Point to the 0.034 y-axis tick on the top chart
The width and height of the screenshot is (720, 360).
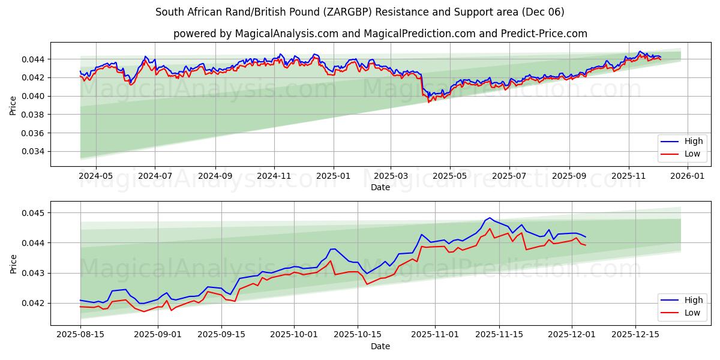(32, 151)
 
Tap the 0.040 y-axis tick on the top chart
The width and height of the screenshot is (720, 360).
(32, 96)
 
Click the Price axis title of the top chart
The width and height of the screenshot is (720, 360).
(13, 104)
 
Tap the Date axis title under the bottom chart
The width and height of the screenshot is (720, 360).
(380, 346)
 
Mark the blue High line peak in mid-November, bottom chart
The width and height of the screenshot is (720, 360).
(490, 218)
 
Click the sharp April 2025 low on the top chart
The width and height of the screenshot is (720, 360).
(428, 101)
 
